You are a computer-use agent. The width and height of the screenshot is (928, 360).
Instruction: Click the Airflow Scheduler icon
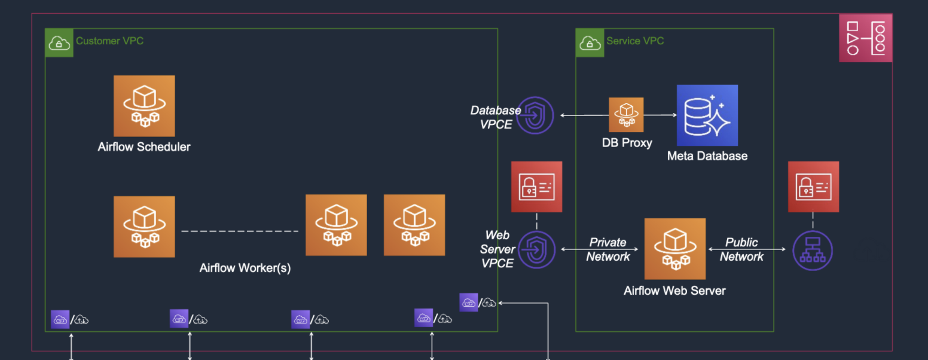pos(144,106)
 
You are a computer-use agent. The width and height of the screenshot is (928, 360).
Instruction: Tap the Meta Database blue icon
pos(707,115)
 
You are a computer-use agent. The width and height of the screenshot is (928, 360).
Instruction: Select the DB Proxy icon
pos(626,115)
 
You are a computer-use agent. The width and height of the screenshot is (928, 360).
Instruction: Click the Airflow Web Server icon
pos(674,249)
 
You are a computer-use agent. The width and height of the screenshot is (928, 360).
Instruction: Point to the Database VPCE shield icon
pos(536,115)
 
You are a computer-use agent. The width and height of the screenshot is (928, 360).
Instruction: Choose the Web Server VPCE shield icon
pos(536,249)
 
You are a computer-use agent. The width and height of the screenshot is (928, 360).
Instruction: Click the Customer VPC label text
pos(109,41)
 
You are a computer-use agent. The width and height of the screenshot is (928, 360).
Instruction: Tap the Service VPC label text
pos(635,41)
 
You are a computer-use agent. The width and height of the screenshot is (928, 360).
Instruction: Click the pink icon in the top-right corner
pos(865,38)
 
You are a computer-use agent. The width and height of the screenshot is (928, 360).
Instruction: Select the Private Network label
pos(608,249)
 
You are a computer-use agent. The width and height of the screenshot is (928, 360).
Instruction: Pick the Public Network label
pos(741,249)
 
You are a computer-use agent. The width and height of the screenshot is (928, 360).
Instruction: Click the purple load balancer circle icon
pos(812,250)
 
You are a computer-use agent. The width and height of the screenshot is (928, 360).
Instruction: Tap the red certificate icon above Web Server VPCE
pos(536,187)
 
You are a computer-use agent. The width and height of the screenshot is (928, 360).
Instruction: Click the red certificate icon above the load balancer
pos(813,187)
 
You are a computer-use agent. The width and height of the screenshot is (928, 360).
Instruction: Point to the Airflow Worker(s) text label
pos(245,268)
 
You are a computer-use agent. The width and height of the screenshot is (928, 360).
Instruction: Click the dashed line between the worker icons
pos(240,231)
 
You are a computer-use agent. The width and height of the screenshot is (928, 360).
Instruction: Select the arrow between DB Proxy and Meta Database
pos(660,115)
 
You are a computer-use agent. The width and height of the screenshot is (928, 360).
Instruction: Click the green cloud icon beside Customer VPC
pos(59,42)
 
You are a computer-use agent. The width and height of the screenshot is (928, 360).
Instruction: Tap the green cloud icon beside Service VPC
pos(590,42)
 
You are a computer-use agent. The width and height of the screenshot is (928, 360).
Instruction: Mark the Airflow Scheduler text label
pos(144,147)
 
